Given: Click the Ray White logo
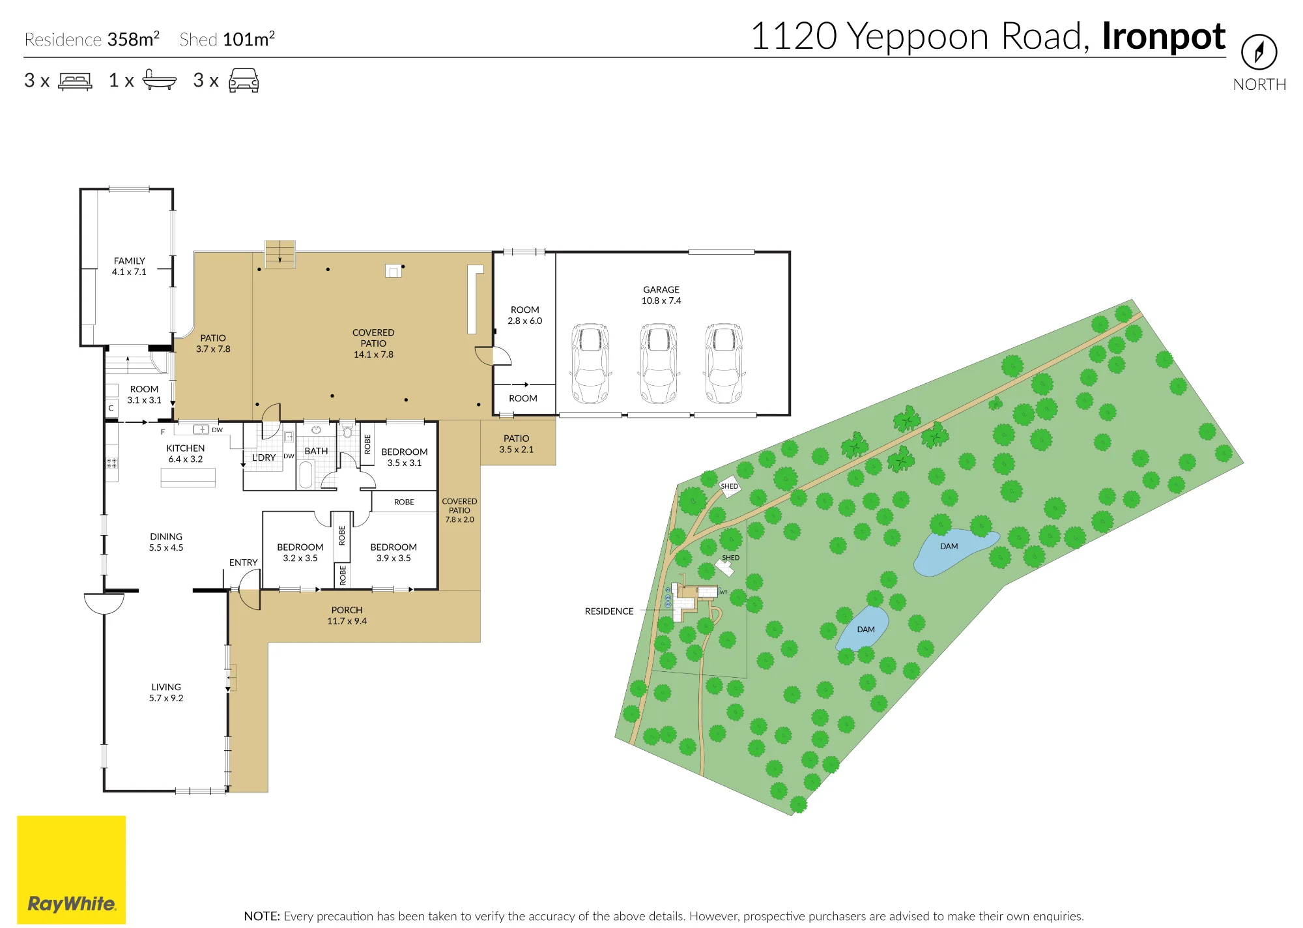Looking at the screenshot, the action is pos(72,869).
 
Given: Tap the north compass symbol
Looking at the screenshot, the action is pos(1259,52).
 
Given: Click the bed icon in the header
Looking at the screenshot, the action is pos(76,81).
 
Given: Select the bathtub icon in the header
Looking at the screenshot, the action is pos(160,80).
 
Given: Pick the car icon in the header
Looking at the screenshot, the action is pos(244,80).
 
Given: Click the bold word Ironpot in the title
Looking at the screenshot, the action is pos(1164,36).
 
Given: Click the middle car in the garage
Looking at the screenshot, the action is pos(659,364).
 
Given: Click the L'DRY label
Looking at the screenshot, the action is pos(264,457).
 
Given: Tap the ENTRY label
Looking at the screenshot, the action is pos(243,562).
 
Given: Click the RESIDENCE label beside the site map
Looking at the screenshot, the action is pos(609,611).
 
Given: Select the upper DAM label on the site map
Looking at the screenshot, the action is pos(949,546).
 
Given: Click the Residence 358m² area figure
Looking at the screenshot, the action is pos(92,39).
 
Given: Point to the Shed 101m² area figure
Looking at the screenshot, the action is pos(227,39).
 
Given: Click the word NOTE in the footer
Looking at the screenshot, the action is pos(262,916).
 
